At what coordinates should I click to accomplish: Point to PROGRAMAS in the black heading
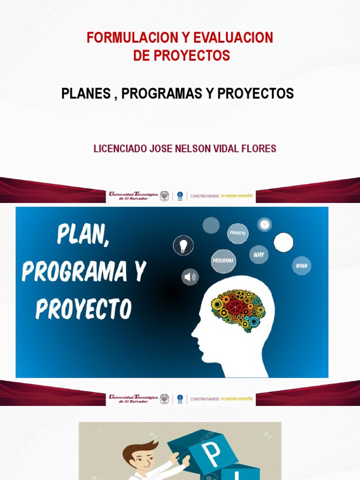pyautogui.click(x=162, y=93)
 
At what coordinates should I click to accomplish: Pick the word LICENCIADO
pyautogui.click(x=120, y=149)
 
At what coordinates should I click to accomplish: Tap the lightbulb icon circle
pyautogui.click(x=183, y=245)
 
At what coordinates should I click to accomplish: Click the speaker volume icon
pyautogui.click(x=190, y=277)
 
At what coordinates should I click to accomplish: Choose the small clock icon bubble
pyautogui.click(x=264, y=225)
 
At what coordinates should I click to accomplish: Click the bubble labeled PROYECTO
pyautogui.click(x=238, y=233)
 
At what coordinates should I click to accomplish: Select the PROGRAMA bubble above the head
pyautogui.click(x=223, y=261)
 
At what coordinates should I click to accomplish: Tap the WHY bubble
pyautogui.click(x=259, y=255)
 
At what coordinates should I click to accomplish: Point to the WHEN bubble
pyautogui.click(x=301, y=266)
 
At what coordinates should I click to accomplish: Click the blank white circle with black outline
pyautogui.click(x=284, y=242)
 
